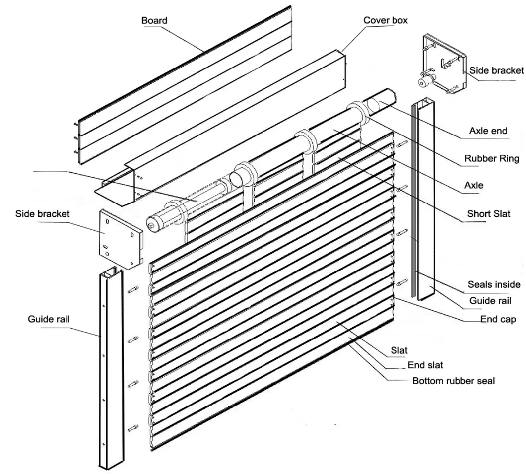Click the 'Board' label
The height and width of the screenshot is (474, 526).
point(154,21)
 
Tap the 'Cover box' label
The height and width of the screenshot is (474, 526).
point(386,20)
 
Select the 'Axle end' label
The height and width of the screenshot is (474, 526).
point(488,131)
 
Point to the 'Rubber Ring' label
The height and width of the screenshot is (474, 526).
point(492,159)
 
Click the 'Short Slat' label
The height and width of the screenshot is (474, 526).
point(488,214)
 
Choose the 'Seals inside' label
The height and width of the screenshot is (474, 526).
point(494,284)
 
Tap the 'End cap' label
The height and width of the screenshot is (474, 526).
point(498,320)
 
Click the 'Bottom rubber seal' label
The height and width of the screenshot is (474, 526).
point(454,381)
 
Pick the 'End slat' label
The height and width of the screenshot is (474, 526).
point(425,365)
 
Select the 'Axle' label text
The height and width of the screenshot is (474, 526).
point(473,186)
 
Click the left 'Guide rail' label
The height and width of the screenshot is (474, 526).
point(49,319)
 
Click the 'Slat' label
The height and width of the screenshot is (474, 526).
point(399,350)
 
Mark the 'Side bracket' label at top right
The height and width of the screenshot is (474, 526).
point(496,70)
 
